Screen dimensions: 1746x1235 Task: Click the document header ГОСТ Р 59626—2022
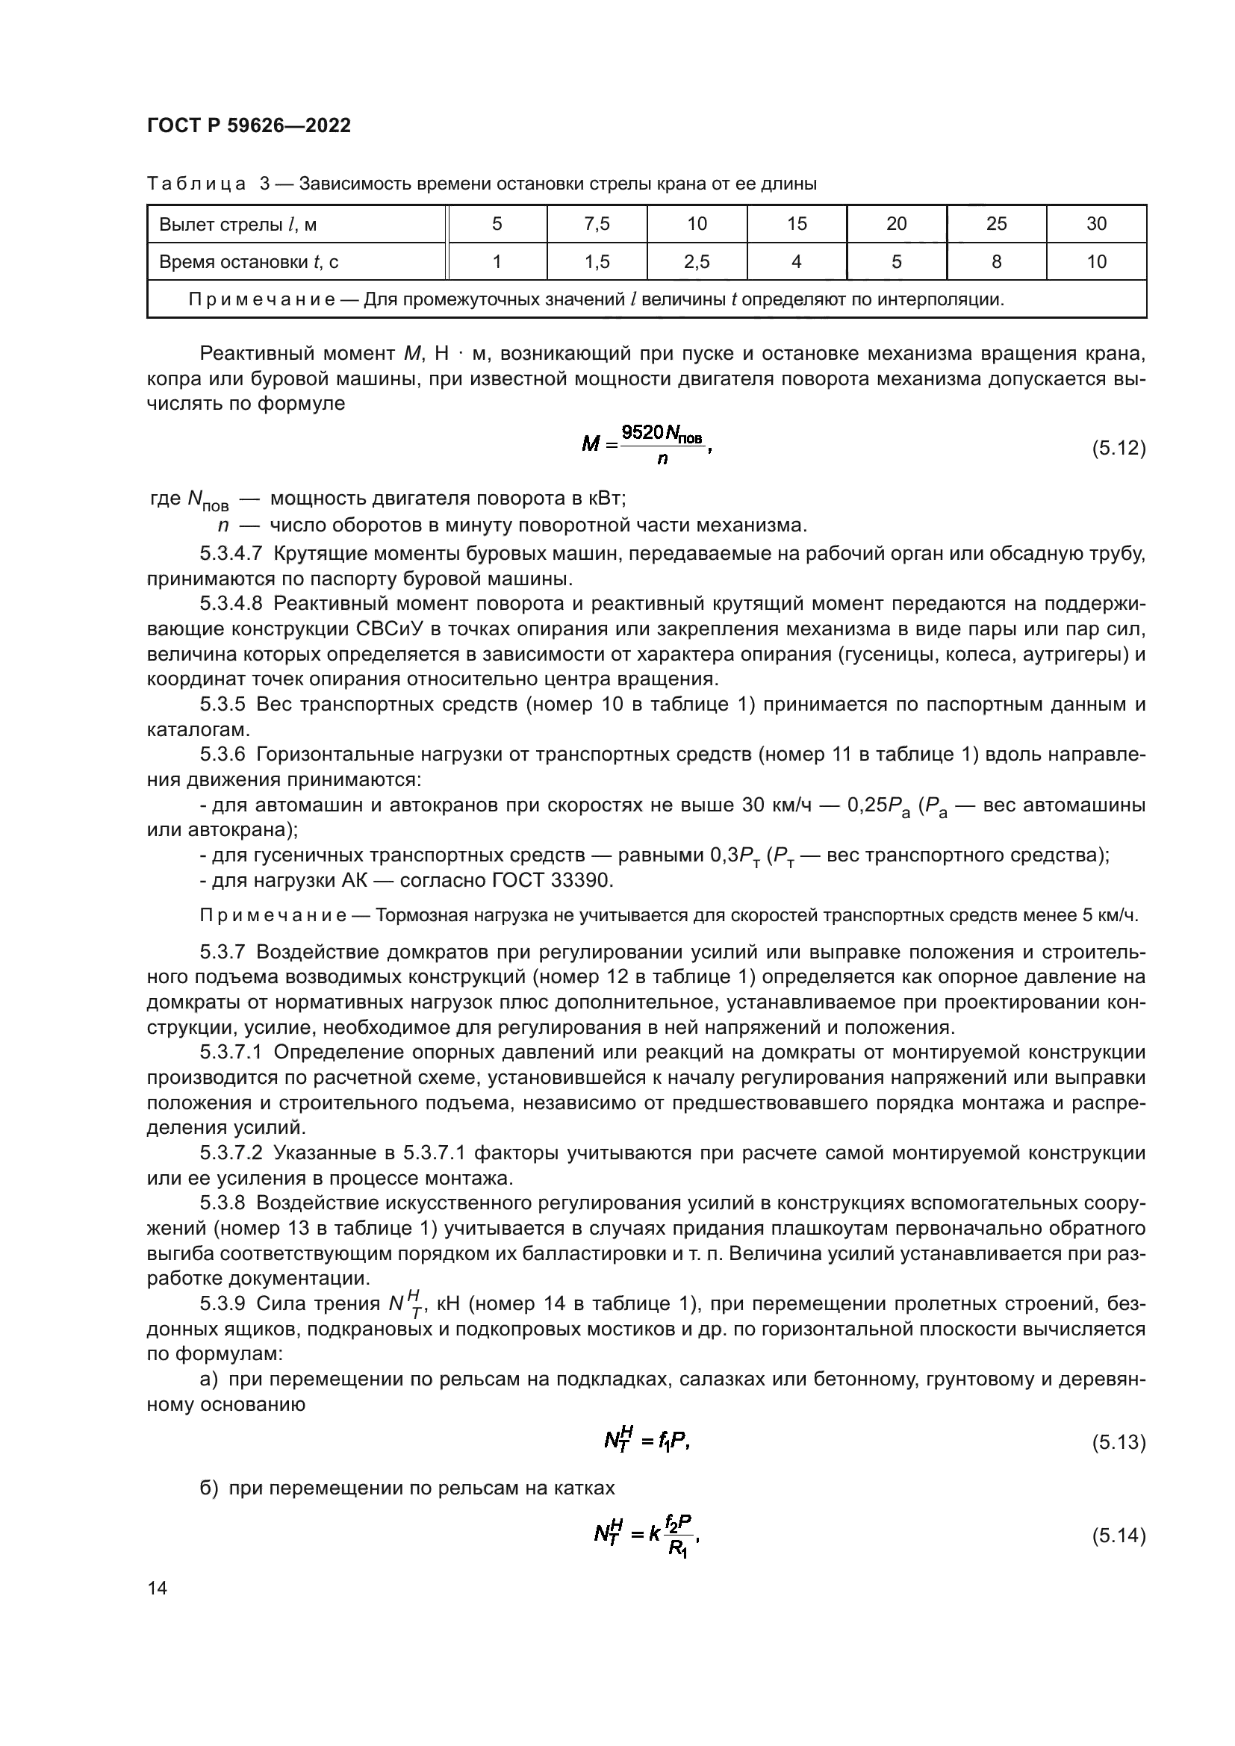tap(249, 126)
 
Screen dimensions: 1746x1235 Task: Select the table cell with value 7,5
tap(597, 224)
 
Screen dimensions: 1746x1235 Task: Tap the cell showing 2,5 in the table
tap(697, 261)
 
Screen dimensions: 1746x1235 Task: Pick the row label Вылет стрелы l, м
tap(238, 225)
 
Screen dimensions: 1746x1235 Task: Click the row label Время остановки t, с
tap(249, 262)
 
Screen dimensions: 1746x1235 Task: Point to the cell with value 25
tap(996, 224)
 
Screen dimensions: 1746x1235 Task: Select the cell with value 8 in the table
tap(996, 261)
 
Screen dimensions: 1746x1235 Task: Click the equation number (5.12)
tap(1119, 448)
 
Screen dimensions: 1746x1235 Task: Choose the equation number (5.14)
tap(1119, 1535)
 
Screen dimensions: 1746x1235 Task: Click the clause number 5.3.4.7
tap(231, 554)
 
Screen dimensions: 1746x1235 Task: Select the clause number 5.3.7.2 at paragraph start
tap(231, 1153)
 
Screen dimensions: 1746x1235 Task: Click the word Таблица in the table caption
tap(196, 184)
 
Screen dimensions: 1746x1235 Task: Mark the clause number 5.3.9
tap(223, 1303)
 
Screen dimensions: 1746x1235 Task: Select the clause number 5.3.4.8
tap(231, 604)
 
